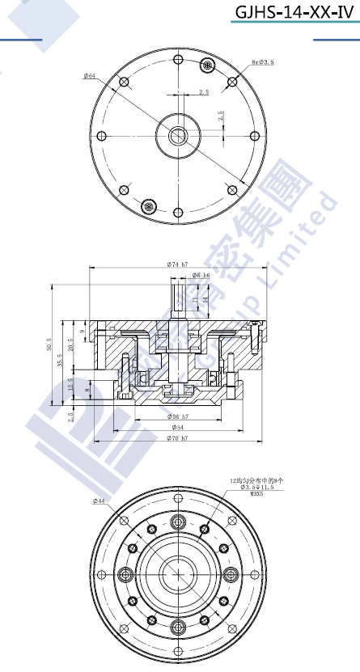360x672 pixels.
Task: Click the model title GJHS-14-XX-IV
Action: tap(294, 12)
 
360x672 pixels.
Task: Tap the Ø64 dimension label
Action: tap(89, 76)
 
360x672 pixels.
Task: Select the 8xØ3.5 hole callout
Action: tap(263, 61)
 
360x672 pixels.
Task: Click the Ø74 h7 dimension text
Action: tap(177, 264)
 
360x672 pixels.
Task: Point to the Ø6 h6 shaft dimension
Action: tap(201, 276)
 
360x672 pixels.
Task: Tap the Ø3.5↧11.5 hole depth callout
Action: tap(258, 488)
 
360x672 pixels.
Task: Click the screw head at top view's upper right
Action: tap(209, 65)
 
